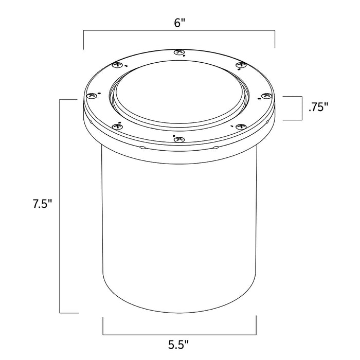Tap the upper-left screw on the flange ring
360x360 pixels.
coord(115,65)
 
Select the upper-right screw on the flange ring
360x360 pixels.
coord(241,65)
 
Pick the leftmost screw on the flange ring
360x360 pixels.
coord(93,96)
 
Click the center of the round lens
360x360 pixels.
coord(178,93)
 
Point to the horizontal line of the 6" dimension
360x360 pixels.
coord(179,32)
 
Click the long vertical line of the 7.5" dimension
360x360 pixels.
coord(61,206)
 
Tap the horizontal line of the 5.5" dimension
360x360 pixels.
coord(179,333)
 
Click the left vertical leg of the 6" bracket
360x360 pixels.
coord(84,40)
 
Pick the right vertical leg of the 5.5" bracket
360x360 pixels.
coord(256,325)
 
